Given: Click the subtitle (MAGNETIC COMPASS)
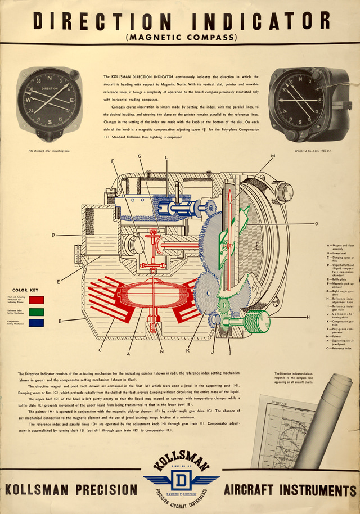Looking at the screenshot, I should (x=181, y=38).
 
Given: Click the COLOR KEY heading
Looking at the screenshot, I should (x=28, y=290).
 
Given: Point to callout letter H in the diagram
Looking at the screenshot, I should (x=308, y=318).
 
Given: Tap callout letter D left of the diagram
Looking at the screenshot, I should (x=53, y=235).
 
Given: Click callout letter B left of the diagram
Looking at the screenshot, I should (x=60, y=321).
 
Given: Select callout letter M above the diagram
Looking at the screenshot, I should (x=273, y=156).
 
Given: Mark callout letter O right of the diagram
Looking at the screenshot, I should (x=316, y=223).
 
